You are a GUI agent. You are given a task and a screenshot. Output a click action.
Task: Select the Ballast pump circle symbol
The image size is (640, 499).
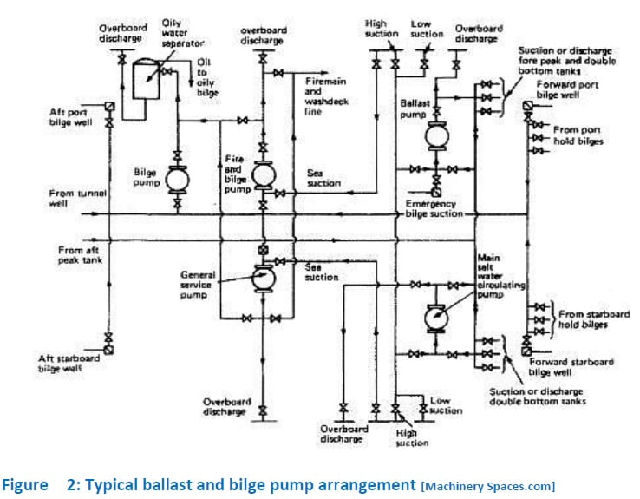tap(436, 135)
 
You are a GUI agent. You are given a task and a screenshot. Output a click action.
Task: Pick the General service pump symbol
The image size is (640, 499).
tap(264, 279)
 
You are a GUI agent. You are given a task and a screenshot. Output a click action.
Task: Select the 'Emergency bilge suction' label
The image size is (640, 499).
tap(433, 208)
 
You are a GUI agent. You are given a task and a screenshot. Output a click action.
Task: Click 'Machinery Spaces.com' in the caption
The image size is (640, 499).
tap(488, 485)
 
